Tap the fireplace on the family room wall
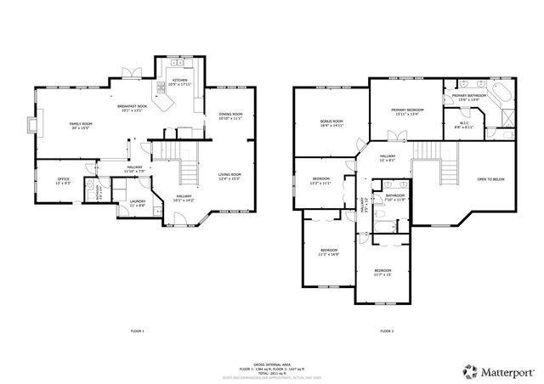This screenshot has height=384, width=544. tap(31, 126)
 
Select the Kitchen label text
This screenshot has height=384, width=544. tap(178, 81)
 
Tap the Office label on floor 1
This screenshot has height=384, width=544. tap(63, 179)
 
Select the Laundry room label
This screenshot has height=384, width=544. tap(137, 201)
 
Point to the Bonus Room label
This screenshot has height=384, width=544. tap(331, 122)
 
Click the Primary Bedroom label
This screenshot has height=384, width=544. tap(408, 110)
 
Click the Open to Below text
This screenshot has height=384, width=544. tap(490, 179)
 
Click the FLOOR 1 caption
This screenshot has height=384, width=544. tap(137, 330)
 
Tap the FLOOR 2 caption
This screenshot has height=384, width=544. tap(386, 330)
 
